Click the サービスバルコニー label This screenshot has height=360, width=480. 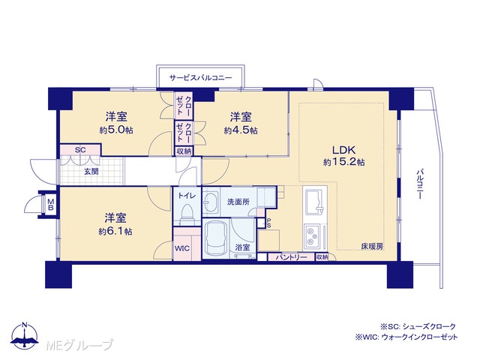(x=200, y=78)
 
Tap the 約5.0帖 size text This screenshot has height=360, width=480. (x=116, y=130)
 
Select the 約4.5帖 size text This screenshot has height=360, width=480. (x=241, y=130)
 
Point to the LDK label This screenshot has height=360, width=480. (x=343, y=150)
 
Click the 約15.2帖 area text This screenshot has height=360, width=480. (x=343, y=162)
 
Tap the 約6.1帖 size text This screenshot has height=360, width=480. (x=115, y=232)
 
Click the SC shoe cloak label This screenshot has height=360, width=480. (x=80, y=150)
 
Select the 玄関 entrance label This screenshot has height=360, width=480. (x=91, y=172)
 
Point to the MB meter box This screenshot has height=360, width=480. (x=51, y=205)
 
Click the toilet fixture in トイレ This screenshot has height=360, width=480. (x=187, y=213)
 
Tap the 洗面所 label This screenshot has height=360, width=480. (x=238, y=202)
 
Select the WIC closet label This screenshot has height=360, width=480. (x=182, y=248)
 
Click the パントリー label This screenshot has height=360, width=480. (x=291, y=257)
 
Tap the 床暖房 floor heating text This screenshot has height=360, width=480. (x=372, y=246)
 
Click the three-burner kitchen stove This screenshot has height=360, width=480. (x=312, y=236)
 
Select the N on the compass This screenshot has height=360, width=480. (x=25, y=325)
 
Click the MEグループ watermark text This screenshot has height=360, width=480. (x=79, y=345)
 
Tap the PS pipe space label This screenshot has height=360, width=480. (x=268, y=223)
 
